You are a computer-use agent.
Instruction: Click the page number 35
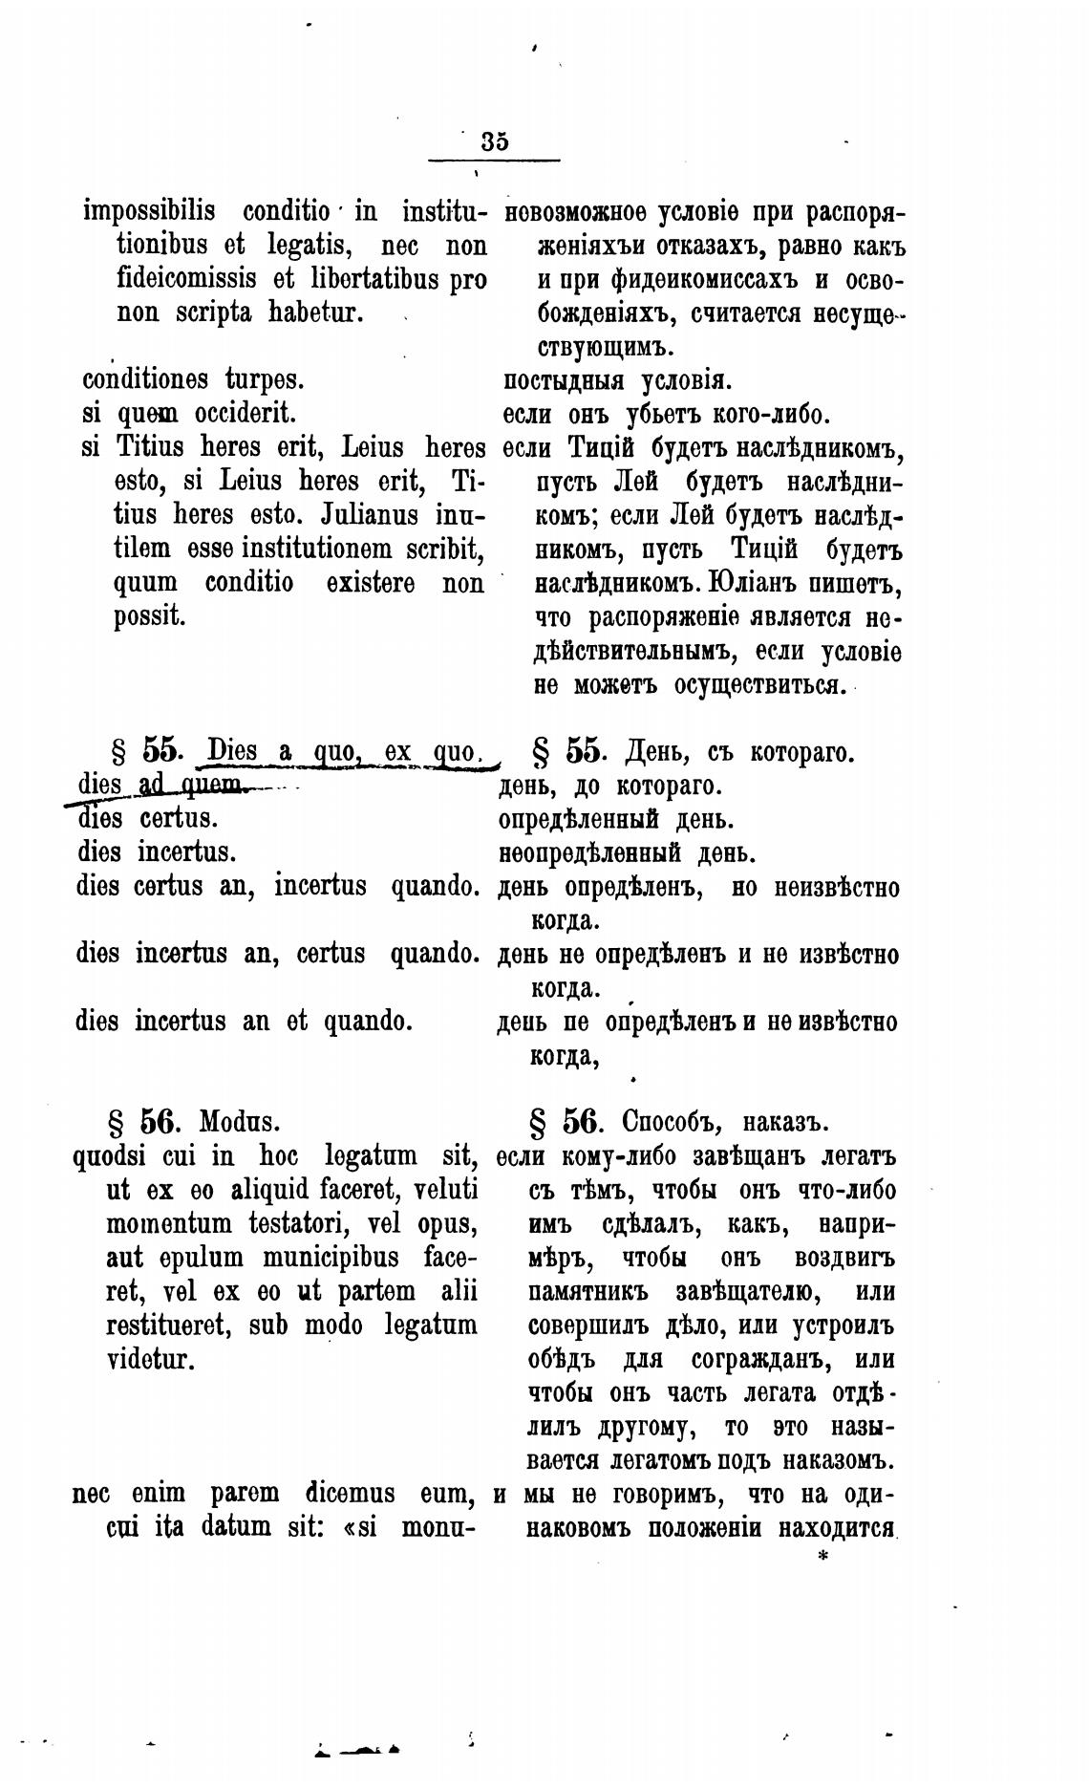495,141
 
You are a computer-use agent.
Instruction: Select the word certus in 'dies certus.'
179,819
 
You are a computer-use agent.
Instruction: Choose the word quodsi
109,1155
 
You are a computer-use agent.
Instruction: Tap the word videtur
153,1358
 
